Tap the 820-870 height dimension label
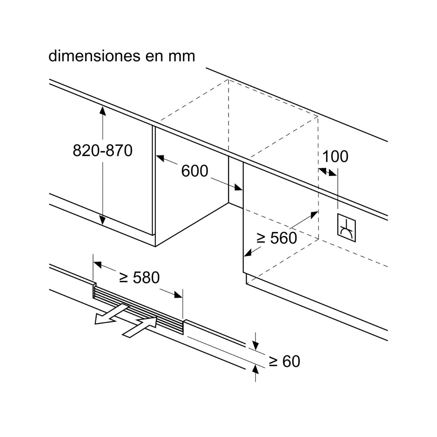[x=102, y=150]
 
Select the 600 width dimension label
[x=194, y=171]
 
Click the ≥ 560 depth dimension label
[x=277, y=238]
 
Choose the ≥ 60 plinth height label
[x=284, y=361]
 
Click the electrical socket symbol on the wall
[x=346, y=228]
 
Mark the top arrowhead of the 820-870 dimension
[x=102, y=111]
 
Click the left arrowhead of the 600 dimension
[x=160, y=158]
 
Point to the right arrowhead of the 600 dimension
[x=238, y=187]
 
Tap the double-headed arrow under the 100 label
[x=327, y=172]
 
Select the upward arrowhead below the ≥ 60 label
[x=256, y=370]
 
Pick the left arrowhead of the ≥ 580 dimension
[x=98, y=264]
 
